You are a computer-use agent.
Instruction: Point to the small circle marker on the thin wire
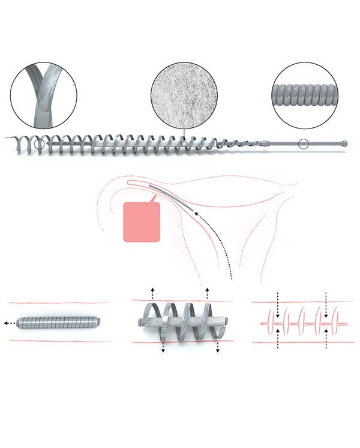tap(304, 144)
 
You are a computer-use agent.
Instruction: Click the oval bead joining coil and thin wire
tap(265, 144)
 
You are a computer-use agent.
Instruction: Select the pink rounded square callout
tap(142, 222)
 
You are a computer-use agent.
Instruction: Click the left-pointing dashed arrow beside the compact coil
tap(7, 322)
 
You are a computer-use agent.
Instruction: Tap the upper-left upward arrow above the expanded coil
tap(152, 293)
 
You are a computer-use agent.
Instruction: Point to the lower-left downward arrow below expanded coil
tap(163, 350)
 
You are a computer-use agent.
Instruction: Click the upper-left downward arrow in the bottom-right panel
tap(278, 300)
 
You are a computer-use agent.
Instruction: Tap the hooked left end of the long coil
tap(13, 141)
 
